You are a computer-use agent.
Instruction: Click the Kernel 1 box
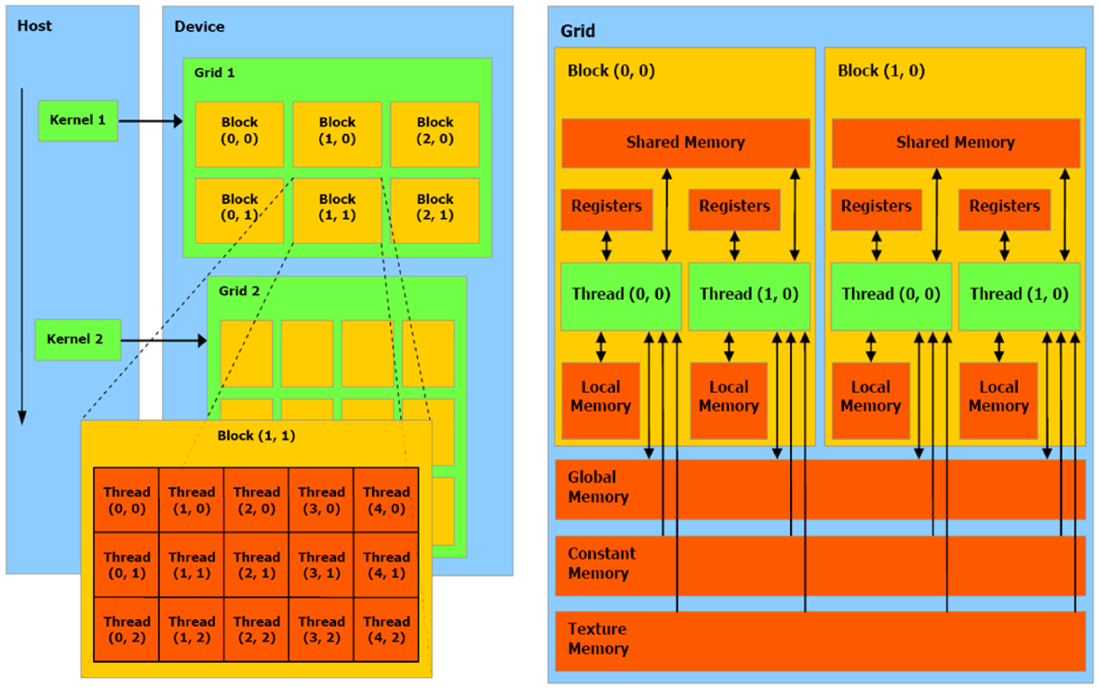point(78,121)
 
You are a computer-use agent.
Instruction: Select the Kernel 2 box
point(78,340)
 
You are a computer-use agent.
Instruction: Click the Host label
point(34,26)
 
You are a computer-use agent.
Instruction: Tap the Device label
point(199,26)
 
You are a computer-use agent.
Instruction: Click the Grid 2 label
point(240,291)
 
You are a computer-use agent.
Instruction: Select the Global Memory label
point(598,487)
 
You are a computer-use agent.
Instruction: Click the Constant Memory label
point(601,563)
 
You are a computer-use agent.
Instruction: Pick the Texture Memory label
point(597,639)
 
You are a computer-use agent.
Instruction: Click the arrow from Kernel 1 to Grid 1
point(151,121)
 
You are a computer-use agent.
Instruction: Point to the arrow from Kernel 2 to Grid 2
point(164,341)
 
